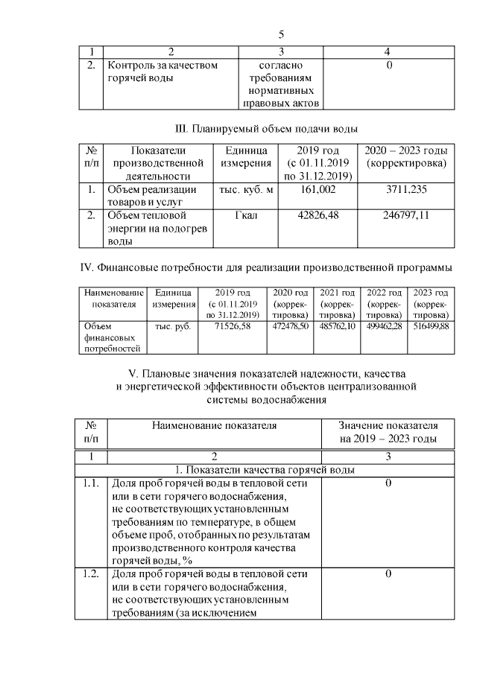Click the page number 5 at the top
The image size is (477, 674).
pyautogui.click(x=281, y=34)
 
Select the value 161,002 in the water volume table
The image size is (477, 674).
pyautogui.click(x=318, y=190)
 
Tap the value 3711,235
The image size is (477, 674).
pyautogui.click(x=408, y=190)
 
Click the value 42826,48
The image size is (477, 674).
pyautogui.click(x=318, y=216)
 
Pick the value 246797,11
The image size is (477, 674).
pyautogui.click(x=408, y=216)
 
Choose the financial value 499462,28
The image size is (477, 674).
pyautogui.click(x=384, y=325)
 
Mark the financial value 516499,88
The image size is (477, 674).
pyautogui.click(x=431, y=325)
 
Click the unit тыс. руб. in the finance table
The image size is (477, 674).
pyautogui.click(x=173, y=325)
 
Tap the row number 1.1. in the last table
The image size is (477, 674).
pyautogui.click(x=92, y=483)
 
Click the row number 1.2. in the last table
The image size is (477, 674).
pyautogui.click(x=92, y=574)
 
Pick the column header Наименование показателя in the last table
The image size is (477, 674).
pyautogui.click(x=214, y=425)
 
